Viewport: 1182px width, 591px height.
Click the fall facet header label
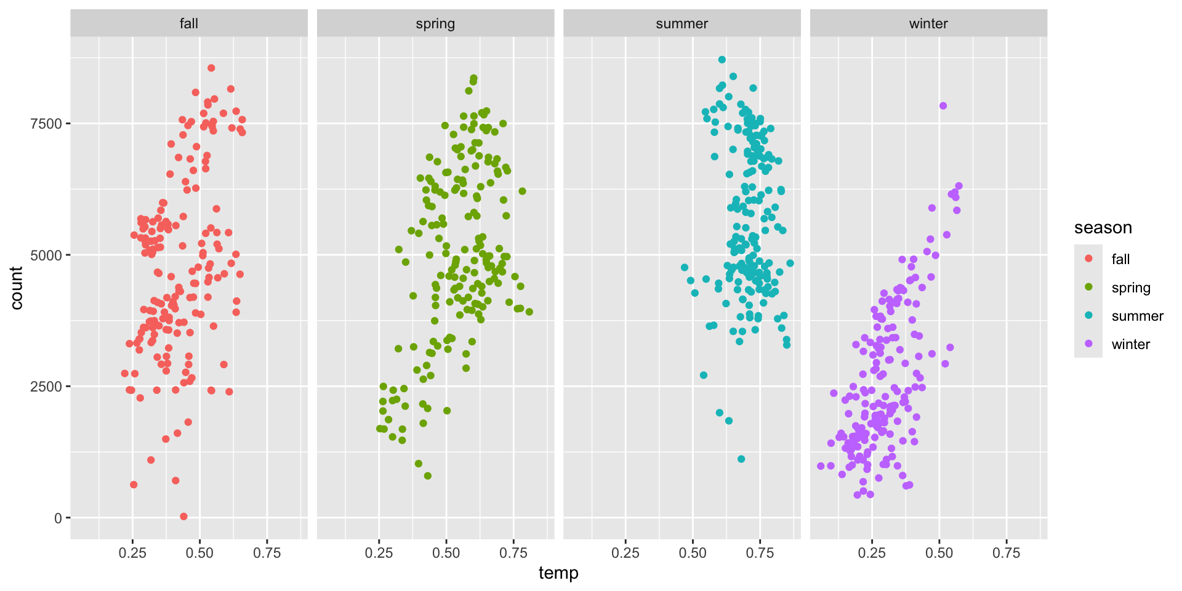[188, 23]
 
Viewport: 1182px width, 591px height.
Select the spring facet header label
[435, 23]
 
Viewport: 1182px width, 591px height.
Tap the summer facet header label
[681, 23]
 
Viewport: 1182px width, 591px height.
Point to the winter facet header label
[928, 23]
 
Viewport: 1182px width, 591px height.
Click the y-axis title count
[17, 287]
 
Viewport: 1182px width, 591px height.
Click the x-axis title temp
[558, 573]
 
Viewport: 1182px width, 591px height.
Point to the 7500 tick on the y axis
[46, 124]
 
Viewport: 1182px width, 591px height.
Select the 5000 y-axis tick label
[46, 255]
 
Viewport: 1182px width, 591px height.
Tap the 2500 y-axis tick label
[46, 387]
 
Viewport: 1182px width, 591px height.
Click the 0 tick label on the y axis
[58, 518]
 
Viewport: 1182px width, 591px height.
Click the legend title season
[1103, 228]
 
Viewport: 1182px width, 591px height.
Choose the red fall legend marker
[1088, 259]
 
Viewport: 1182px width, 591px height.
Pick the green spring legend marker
[1088, 287]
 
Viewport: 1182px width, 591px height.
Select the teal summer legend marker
[1088, 315]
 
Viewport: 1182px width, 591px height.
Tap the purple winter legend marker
[1088, 344]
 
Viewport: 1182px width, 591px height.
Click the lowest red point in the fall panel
[183, 517]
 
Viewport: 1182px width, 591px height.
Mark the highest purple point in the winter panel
[943, 106]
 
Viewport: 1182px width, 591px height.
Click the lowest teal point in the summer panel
[741, 459]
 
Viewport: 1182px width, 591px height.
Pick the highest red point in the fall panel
[211, 68]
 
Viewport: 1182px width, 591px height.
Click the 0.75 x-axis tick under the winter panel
[1006, 553]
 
